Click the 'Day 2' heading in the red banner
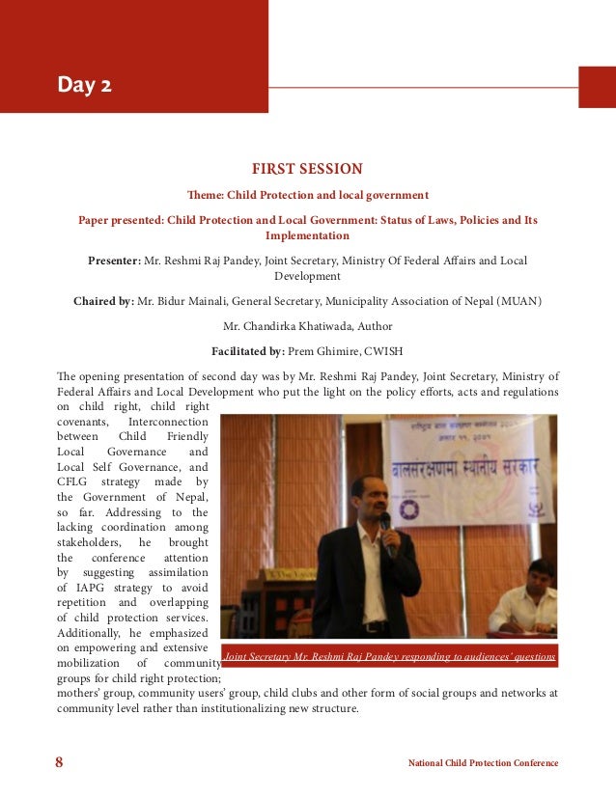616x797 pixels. click(84, 86)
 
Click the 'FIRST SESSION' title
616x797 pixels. click(307, 169)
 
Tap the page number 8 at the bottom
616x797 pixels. click(59, 763)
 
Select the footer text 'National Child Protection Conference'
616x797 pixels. click(483, 763)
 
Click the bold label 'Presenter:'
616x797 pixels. click(114, 261)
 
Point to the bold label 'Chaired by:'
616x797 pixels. click(103, 301)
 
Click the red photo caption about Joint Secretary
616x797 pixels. click(389, 657)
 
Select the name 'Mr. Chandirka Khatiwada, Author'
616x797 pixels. click(307, 326)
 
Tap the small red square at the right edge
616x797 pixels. click(596, 87)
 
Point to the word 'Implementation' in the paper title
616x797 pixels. click(307, 235)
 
